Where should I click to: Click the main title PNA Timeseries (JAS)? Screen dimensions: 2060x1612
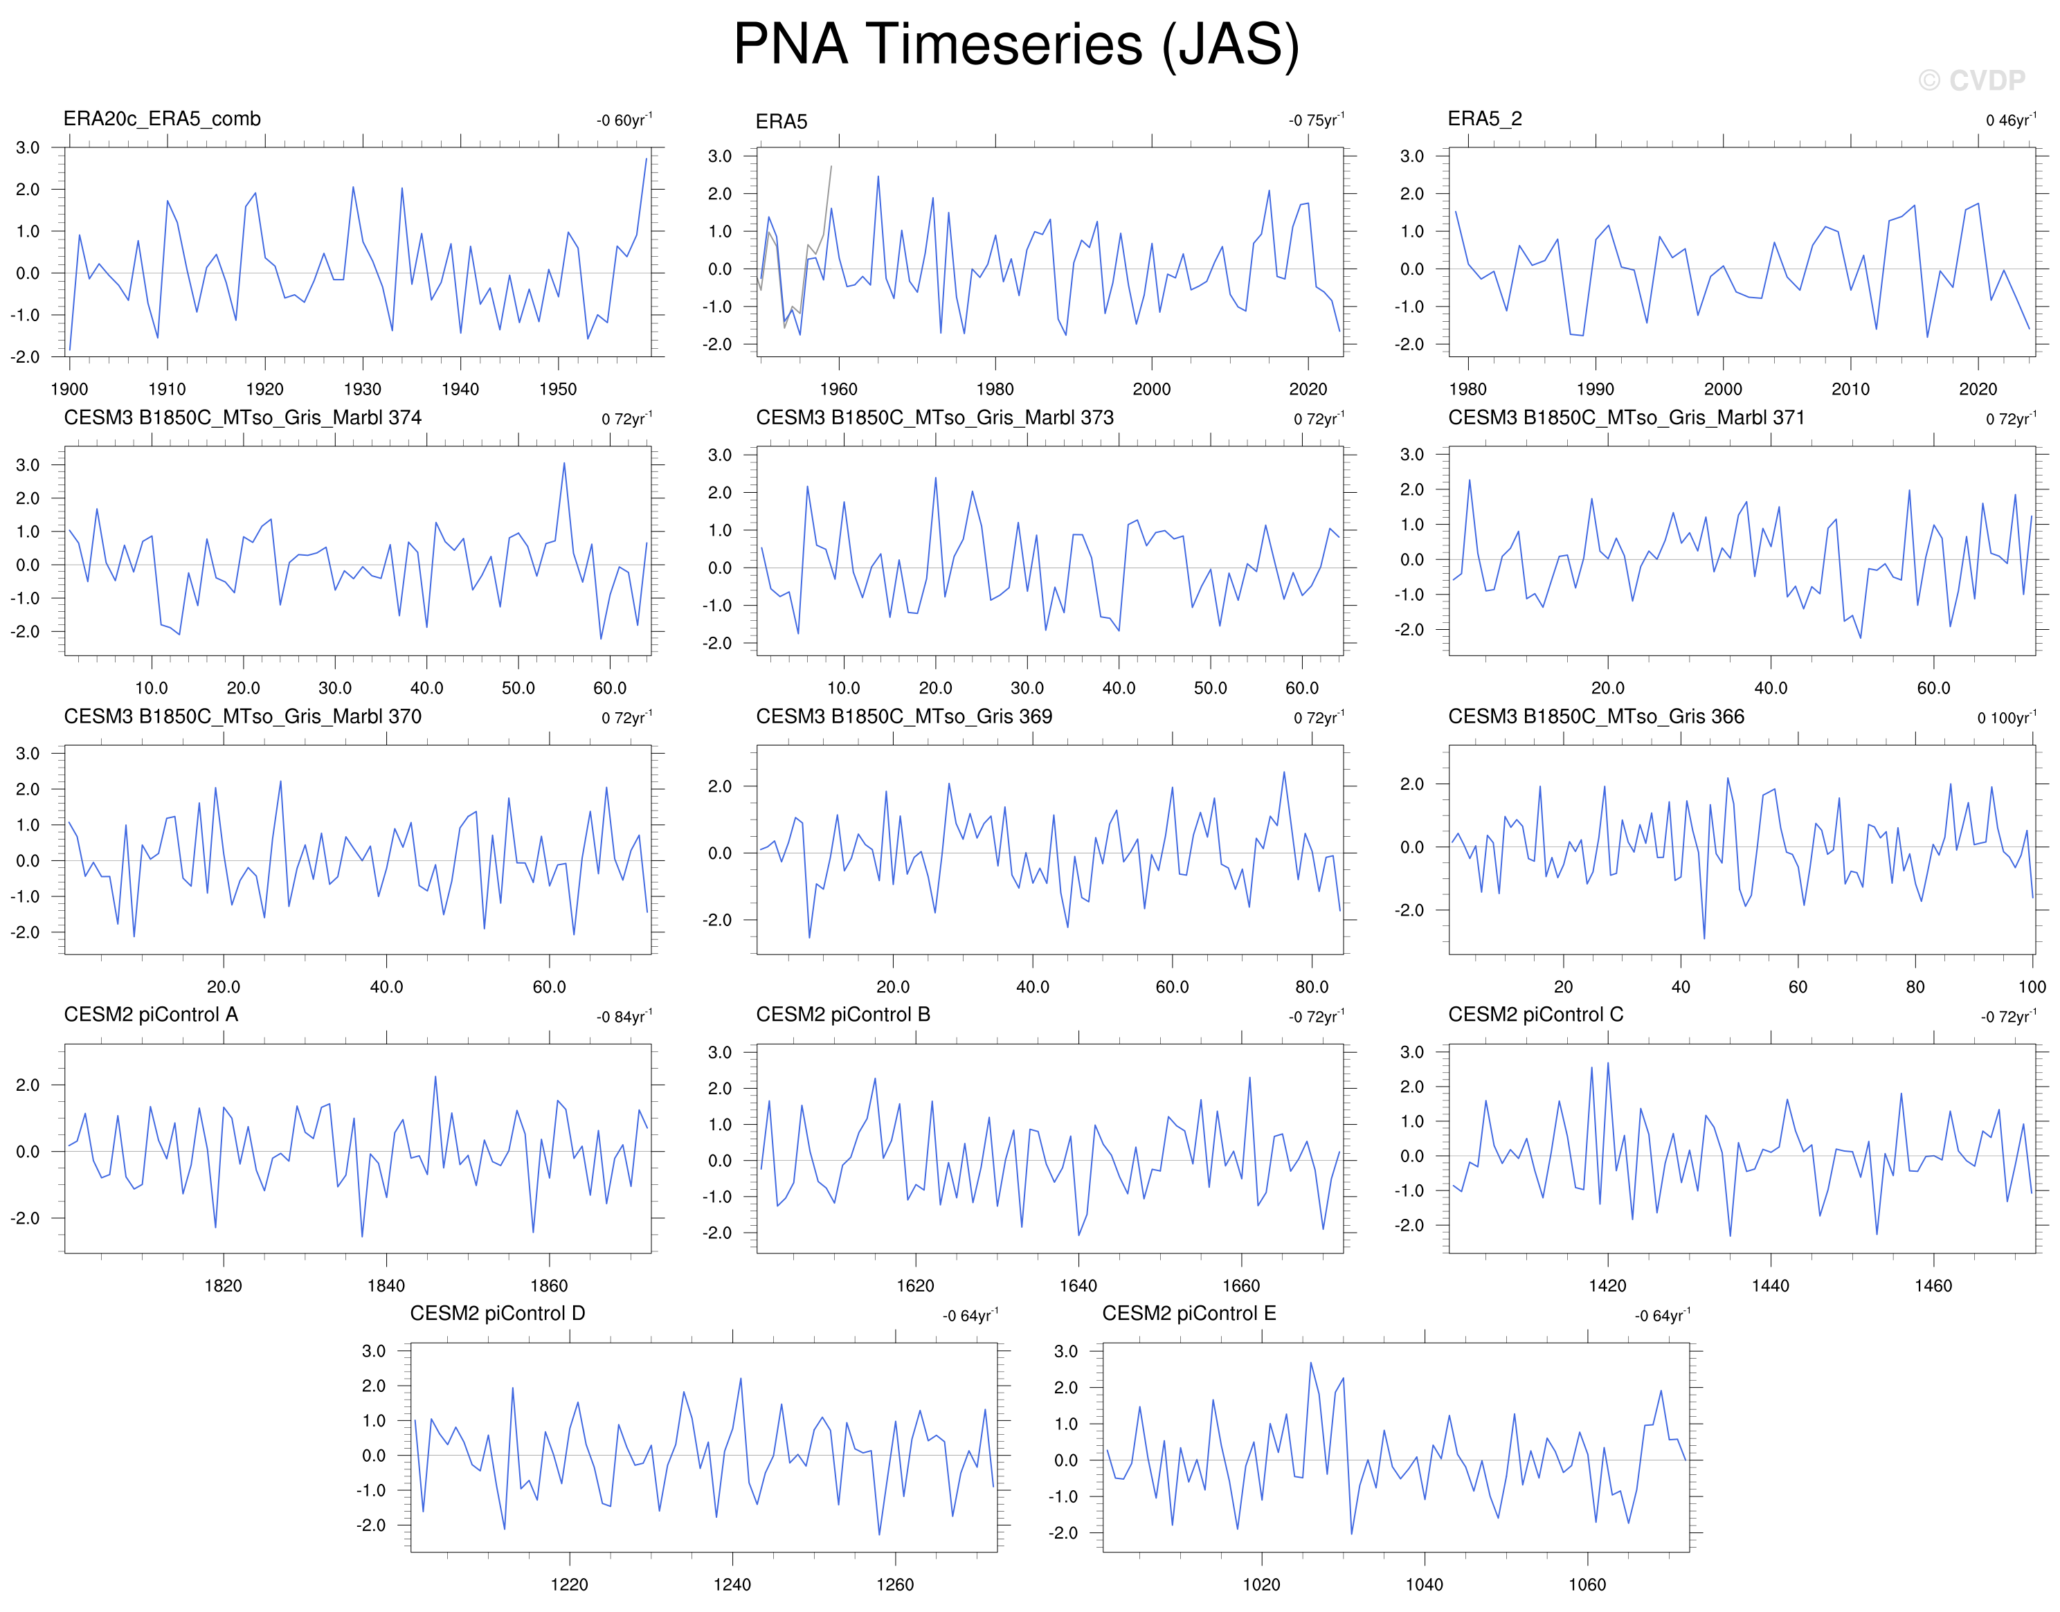click(x=1016, y=44)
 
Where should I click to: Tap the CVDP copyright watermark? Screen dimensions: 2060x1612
click(x=1971, y=81)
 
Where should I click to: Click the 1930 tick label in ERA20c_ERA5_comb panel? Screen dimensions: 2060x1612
click(x=362, y=389)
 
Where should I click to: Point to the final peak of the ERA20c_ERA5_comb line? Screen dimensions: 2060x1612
click(x=647, y=159)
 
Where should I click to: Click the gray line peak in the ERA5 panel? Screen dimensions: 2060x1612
click(x=831, y=166)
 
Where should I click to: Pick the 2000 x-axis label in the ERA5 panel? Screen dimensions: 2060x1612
click(x=1151, y=389)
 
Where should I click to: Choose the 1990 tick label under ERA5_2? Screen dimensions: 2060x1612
click(x=1595, y=389)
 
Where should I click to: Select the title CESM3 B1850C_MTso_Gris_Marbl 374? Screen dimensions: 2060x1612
click(x=242, y=417)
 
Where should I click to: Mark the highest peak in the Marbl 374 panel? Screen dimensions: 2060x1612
click(x=564, y=462)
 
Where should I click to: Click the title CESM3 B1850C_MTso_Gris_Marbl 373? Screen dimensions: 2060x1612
click(x=934, y=417)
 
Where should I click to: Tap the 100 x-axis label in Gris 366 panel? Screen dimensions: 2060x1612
click(x=2032, y=986)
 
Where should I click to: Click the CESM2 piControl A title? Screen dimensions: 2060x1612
click(x=151, y=1015)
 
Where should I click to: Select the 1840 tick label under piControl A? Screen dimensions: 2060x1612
click(x=386, y=1285)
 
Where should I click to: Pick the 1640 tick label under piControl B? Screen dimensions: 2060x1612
click(x=1078, y=1285)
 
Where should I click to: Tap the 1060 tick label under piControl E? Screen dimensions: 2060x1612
click(x=1587, y=1584)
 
